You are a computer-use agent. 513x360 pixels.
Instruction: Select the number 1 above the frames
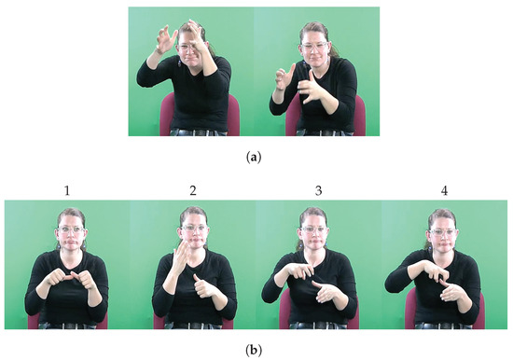67,190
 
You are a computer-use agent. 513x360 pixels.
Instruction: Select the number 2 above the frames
192,190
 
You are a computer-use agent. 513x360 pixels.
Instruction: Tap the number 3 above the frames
318,190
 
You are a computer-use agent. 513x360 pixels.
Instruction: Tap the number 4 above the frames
443,190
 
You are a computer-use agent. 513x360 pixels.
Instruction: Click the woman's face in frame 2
191,233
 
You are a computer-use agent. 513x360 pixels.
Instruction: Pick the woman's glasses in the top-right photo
315,46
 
